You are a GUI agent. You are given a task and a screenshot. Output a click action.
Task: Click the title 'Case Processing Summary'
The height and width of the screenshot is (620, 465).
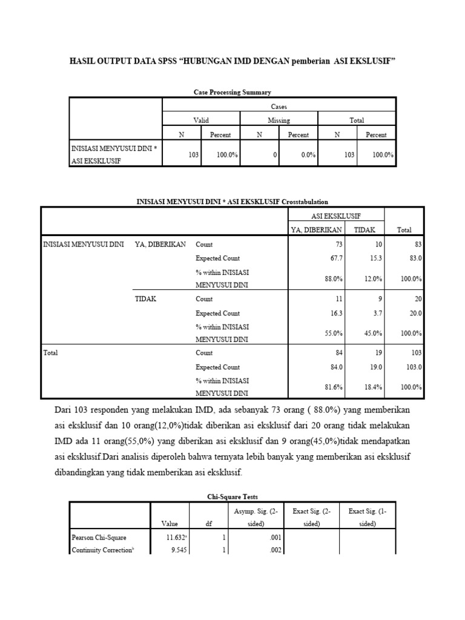232,92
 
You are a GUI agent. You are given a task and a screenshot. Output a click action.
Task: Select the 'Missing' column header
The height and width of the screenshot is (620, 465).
279,120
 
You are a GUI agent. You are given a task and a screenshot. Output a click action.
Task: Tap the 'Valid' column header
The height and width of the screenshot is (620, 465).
201,120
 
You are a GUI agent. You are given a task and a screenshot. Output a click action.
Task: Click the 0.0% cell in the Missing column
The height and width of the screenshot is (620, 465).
308,155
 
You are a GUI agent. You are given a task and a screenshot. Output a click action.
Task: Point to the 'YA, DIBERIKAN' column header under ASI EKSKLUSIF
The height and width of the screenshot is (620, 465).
318,229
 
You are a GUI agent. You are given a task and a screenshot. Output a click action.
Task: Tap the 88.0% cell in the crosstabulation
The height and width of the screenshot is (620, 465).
335,279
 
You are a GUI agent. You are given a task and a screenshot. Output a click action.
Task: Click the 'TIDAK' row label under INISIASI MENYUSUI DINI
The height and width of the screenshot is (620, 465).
145,298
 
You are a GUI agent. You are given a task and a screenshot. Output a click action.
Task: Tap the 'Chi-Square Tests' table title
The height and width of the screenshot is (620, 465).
232,496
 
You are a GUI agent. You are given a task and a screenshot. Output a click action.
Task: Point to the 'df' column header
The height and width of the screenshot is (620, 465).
208,524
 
